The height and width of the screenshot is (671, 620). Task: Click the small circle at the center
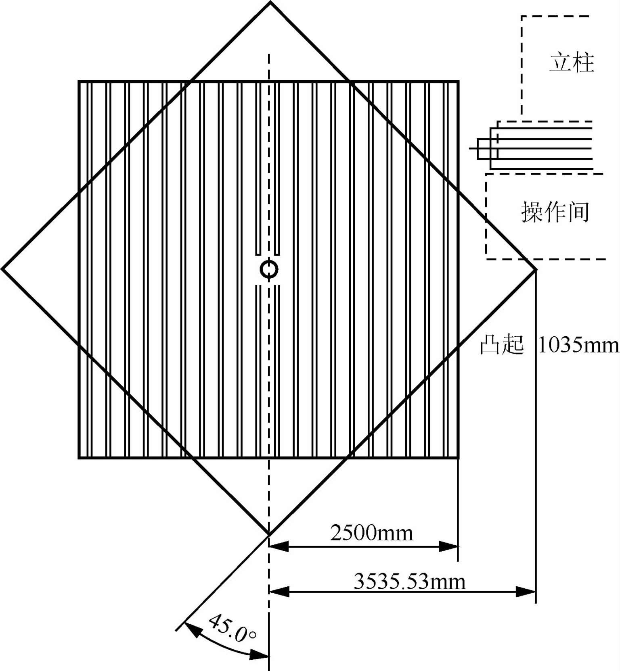(269, 269)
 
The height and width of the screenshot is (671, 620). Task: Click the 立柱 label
(572, 63)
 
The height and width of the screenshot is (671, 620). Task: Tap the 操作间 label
(555, 212)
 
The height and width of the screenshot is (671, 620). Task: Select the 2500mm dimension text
(372, 533)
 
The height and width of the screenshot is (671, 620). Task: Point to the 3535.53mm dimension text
(409, 581)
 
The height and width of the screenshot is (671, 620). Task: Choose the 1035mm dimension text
(578, 346)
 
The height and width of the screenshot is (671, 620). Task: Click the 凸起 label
(502, 345)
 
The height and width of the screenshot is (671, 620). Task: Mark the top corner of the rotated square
(270, 2)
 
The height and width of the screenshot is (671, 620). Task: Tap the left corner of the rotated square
(2, 269)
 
